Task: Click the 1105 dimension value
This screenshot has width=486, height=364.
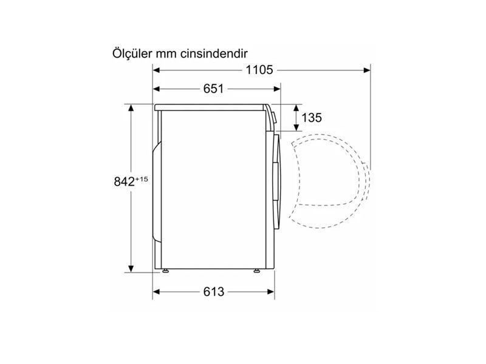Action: (x=259, y=70)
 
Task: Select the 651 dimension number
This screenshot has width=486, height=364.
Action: (x=213, y=89)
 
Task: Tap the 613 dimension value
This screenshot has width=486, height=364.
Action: (x=214, y=292)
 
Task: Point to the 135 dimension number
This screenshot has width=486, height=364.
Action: (x=312, y=118)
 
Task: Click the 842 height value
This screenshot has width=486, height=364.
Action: (x=125, y=181)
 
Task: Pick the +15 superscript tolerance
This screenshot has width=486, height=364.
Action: (x=142, y=179)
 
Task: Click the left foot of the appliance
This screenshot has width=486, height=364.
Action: (x=165, y=271)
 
